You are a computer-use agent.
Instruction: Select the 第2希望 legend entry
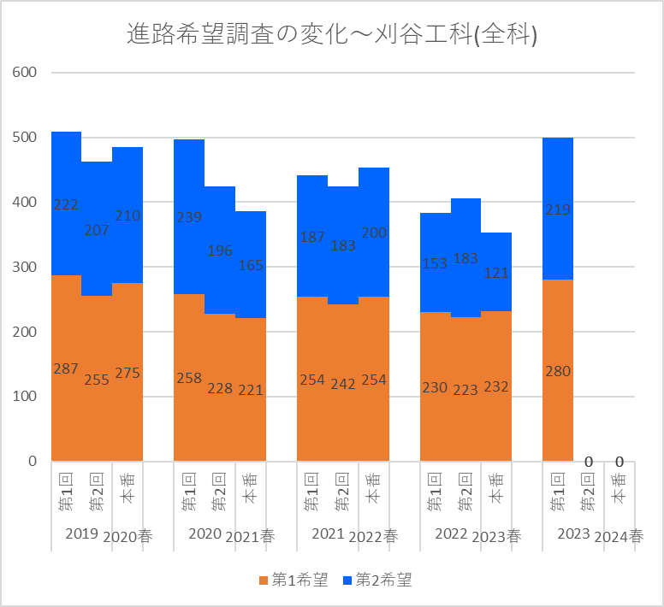tap(377, 580)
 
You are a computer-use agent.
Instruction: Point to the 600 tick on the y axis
tap(26, 73)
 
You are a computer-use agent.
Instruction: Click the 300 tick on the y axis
tap(26, 267)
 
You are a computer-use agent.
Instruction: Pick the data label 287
tap(66, 369)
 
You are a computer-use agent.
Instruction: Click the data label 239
tap(189, 217)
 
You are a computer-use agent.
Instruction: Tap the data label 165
tap(250, 265)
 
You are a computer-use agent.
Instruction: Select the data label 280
tap(558, 371)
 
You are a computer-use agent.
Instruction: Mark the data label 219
tap(558, 209)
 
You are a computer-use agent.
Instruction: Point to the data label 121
tap(496, 273)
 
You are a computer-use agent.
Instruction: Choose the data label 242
tap(342, 385)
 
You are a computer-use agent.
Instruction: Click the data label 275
tap(127, 373)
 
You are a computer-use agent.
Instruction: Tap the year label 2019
tap(81, 534)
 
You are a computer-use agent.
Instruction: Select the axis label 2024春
tap(619, 537)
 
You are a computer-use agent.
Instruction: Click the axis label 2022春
tap(373, 537)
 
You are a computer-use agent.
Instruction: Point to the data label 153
tap(435, 262)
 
